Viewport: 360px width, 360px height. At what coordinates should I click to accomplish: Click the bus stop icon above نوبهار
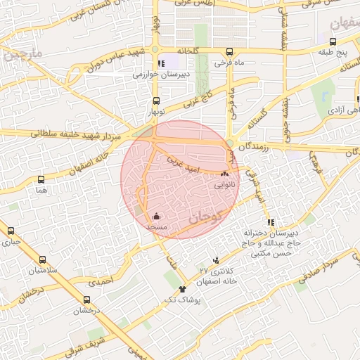point(155,101)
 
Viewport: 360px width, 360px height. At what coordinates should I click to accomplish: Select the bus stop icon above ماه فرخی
point(230,51)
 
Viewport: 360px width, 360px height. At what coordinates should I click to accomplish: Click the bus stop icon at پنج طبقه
point(332,41)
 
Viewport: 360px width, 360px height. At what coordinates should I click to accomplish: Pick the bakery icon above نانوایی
point(225,174)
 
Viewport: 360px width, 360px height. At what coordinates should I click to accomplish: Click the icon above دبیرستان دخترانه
point(272,222)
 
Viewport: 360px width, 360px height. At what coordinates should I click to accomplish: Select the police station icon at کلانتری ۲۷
point(214,259)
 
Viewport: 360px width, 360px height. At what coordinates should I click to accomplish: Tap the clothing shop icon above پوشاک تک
point(183,288)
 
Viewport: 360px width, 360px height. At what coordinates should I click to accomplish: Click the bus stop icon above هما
point(41,180)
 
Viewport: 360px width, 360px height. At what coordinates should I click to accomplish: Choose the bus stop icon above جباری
point(10,231)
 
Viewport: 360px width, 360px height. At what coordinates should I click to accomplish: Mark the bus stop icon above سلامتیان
point(42,259)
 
